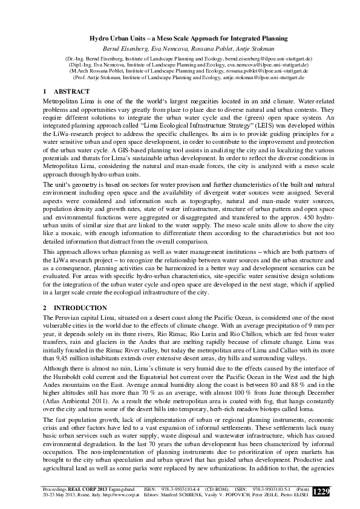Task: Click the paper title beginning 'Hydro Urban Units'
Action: point(180,38)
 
